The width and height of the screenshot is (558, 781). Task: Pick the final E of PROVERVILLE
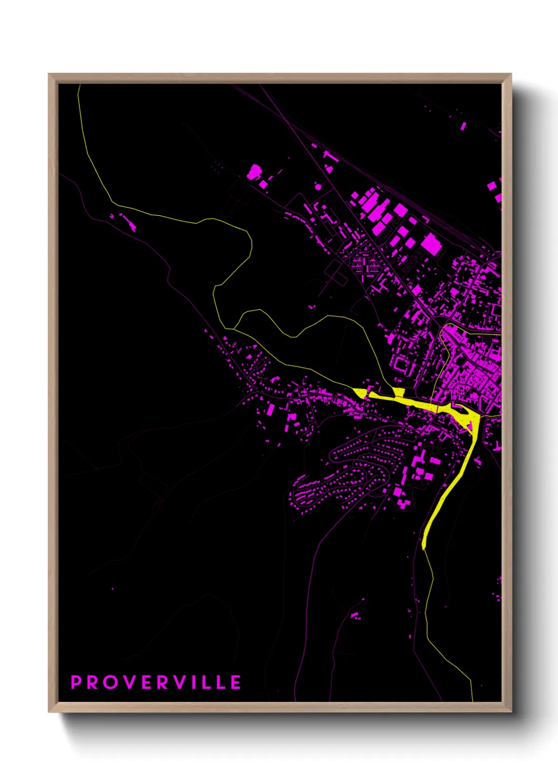236,682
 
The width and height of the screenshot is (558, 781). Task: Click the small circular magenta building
318,186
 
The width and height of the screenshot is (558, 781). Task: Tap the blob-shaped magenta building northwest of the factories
255,172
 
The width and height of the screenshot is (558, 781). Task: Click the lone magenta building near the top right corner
463,126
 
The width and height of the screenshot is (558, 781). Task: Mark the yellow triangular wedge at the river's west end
360,392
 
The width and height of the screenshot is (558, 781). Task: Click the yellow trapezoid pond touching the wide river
399,392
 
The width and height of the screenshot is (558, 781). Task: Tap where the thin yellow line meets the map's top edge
79,85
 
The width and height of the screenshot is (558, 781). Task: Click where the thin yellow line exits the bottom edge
473,700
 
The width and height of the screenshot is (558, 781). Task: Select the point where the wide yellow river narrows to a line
424,548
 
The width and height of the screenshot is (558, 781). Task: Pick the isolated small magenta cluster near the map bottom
355,615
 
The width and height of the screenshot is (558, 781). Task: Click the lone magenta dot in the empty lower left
112,588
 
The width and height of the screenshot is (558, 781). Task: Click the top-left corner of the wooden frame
49,74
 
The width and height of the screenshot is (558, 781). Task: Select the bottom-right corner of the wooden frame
511,711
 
